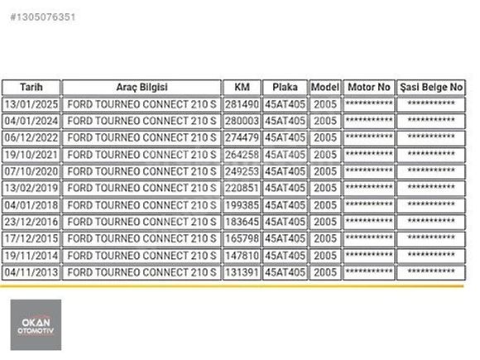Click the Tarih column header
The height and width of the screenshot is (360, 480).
(x=31, y=87)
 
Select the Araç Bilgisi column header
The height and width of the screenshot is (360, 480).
(x=142, y=87)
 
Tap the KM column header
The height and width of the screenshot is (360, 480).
(x=242, y=87)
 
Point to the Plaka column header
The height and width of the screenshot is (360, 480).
(x=285, y=87)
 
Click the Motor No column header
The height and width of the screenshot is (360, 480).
(x=369, y=87)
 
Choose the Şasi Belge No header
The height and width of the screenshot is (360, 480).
(x=431, y=88)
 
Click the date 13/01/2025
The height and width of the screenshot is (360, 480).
(x=31, y=104)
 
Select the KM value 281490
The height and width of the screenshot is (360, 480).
(x=242, y=104)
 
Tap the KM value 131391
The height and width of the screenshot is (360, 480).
(x=242, y=272)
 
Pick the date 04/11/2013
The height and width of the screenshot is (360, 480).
(x=31, y=272)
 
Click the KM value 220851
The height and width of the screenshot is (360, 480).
(x=242, y=188)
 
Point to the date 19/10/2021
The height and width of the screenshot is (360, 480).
(x=31, y=155)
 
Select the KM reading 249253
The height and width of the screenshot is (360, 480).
(x=242, y=171)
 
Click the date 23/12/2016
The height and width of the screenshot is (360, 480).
(x=31, y=222)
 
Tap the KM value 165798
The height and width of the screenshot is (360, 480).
(x=242, y=238)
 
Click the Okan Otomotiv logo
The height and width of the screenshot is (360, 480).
(x=36, y=324)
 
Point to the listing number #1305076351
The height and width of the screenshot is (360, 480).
(x=43, y=17)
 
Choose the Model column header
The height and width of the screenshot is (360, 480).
(x=325, y=87)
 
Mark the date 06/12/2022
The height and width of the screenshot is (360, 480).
(x=31, y=137)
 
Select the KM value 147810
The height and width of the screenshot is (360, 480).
(x=242, y=255)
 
